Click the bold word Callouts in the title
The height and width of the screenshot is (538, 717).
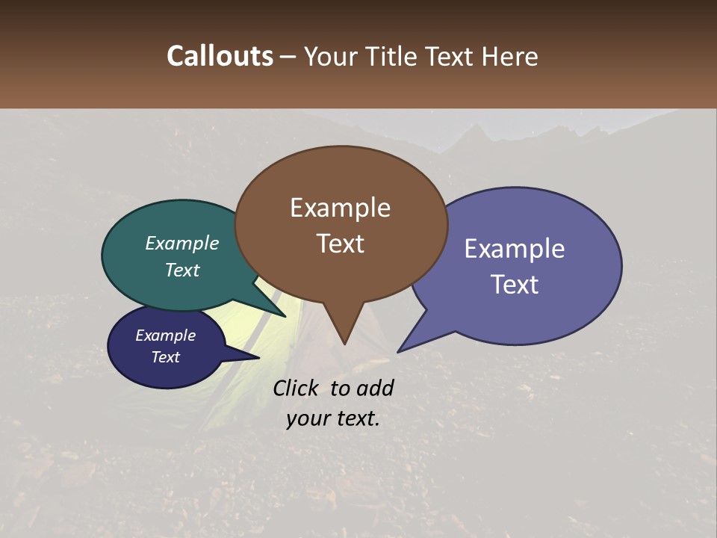(220, 56)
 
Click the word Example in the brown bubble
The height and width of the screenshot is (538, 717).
(340, 208)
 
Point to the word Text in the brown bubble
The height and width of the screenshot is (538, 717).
(340, 244)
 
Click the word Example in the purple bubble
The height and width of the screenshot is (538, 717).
(515, 248)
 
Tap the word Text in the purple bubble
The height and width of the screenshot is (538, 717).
(515, 285)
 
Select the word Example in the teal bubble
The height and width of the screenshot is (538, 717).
(182, 244)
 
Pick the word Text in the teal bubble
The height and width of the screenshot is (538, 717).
(182, 270)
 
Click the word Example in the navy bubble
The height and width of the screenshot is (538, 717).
(165, 336)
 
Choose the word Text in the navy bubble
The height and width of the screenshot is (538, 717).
(165, 357)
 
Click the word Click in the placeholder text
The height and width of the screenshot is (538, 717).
(297, 388)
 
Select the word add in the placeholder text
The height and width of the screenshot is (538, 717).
(375, 388)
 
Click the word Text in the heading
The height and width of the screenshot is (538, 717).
(451, 56)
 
